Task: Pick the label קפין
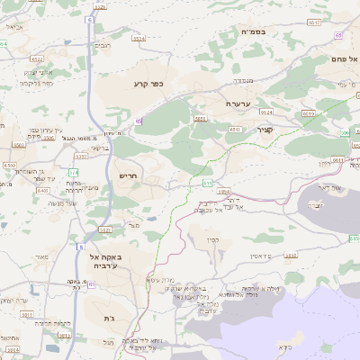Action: pyautogui.click(x=212, y=238)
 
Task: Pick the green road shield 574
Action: pyautogui.click(x=74, y=172)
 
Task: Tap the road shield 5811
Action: pyautogui.click(x=26, y=314)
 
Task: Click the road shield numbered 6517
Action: pyautogui.click(x=208, y=183)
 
